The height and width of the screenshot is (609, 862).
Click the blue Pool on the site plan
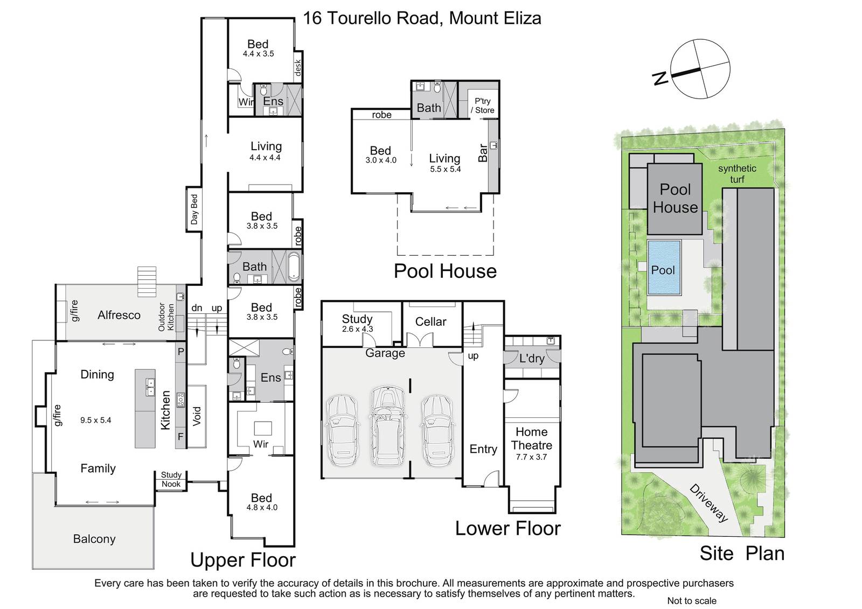click(664, 268)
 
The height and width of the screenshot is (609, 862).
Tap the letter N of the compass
click(661, 79)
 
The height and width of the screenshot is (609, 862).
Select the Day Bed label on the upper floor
click(194, 209)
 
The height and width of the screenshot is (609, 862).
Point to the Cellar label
click(430, 321)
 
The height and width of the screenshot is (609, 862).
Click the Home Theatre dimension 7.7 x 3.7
click(531, 457)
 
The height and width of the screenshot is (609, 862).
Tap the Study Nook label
click(171, 479)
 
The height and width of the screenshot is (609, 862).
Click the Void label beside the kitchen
click(197, 416)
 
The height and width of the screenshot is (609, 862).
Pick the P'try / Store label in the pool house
click(483, 106)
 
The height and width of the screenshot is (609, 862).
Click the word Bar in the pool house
click(483, 153)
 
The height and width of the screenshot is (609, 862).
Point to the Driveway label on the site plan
click(709, 503)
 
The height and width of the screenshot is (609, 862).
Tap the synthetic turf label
click(737, 173)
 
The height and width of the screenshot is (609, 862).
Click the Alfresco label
click(119, 315)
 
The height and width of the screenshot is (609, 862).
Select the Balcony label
click(94, 539)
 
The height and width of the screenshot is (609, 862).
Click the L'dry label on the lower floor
click(532, 359)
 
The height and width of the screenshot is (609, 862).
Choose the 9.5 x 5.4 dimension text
click(95, 420)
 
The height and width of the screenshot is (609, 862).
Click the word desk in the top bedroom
click(297, 68)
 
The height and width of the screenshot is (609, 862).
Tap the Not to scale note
click(692, 601)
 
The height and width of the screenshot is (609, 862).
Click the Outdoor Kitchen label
click(166, 317)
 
